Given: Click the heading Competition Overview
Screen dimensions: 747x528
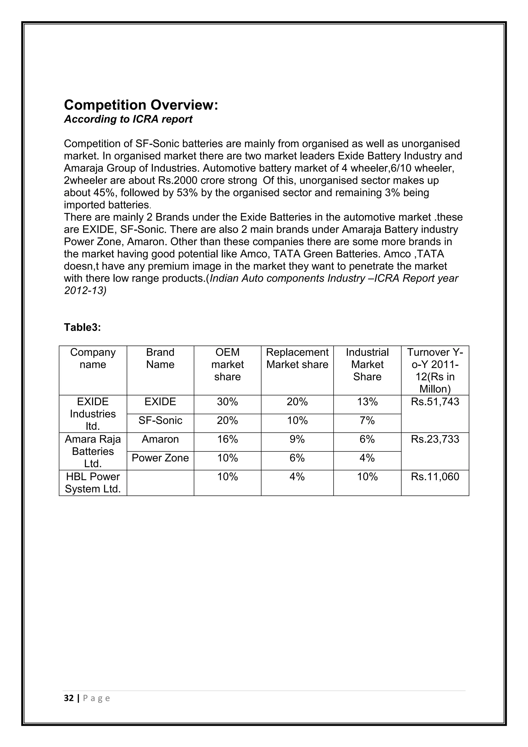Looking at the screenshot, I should [x=141, y=105].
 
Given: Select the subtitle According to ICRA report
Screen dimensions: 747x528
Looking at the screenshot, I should [x=128, y=119].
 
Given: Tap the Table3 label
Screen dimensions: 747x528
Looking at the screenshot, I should [x=82, y=327].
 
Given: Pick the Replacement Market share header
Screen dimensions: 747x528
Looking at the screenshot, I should [x=297, y=358].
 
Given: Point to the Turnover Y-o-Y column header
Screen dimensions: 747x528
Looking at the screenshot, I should [x=435, y=370].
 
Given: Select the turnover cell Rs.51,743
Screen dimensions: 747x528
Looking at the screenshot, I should [x=435, y=402].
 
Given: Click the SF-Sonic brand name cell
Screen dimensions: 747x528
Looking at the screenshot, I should [x=160, y=420].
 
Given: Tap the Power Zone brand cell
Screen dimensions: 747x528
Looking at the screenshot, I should [x=160, y=458].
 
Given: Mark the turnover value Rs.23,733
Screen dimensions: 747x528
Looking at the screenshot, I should [x=435, y=439].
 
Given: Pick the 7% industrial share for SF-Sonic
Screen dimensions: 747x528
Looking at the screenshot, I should [x=367, y=421].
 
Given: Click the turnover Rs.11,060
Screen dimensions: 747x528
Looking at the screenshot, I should [x=435, y=477].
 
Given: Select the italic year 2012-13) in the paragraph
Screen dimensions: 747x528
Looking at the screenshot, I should [x=85, y=290].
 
